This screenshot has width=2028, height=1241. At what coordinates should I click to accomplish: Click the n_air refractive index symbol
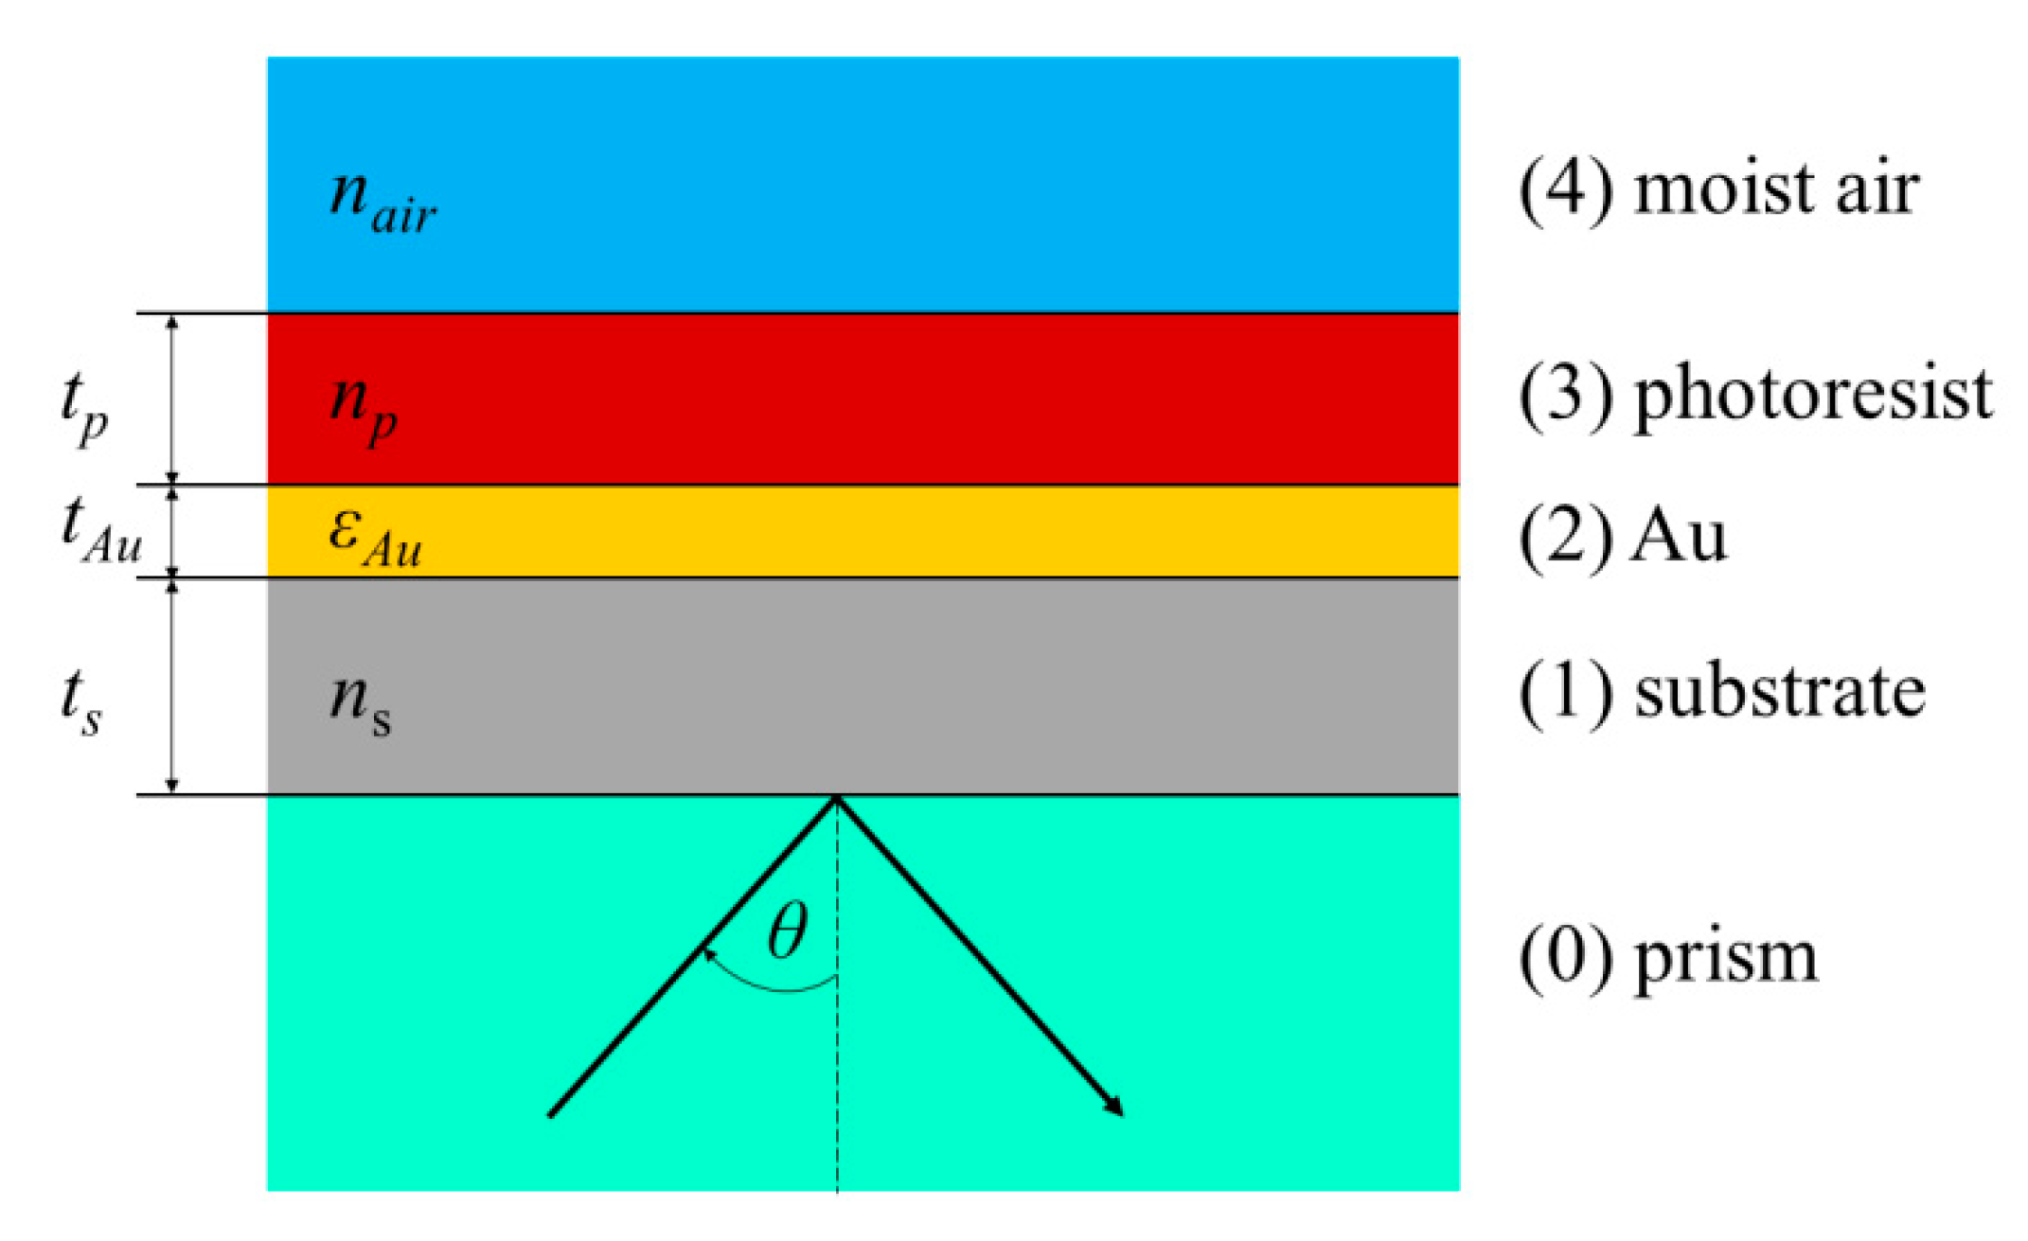tap(382, 201)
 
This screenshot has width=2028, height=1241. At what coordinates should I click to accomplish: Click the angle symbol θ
tap(788, 931)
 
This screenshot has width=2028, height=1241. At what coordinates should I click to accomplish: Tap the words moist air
tap(1776, 189)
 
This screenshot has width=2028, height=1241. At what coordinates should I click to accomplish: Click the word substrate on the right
tap(1780, 692)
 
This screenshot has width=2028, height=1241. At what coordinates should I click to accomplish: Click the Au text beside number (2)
tap(1679, 536)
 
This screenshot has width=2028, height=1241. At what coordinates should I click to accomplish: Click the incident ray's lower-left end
tap(553, 1113)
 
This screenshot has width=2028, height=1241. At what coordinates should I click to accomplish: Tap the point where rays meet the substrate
tap(836, 798)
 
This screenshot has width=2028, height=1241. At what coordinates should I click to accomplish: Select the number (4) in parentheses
tap(1566, 189)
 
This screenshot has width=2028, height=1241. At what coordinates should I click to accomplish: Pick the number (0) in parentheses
tap(1566, 958)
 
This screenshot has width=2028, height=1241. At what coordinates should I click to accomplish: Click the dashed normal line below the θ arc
tap(837, 1089)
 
